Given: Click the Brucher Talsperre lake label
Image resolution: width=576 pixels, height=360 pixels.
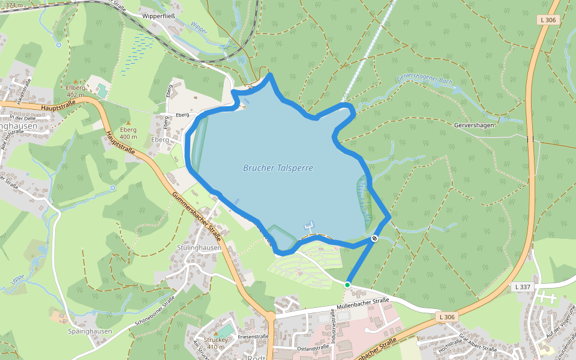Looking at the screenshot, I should point(278,169).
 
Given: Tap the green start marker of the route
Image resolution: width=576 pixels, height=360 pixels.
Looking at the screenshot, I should point(347,284).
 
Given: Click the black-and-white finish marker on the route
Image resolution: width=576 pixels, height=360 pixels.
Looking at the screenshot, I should point(374,239).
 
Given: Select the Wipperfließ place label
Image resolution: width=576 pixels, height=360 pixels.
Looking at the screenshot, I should point(158,16).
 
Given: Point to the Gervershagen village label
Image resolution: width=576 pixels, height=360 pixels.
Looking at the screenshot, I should point(473,125).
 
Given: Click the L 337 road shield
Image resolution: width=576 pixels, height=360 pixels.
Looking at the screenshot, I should point(523,287).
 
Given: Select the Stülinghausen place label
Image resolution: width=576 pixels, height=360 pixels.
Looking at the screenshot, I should point(200,247).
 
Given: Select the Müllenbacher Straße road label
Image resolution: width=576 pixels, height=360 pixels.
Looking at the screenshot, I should point(363,304).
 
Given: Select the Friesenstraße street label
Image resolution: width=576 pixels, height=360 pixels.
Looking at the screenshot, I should point(253,337).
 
